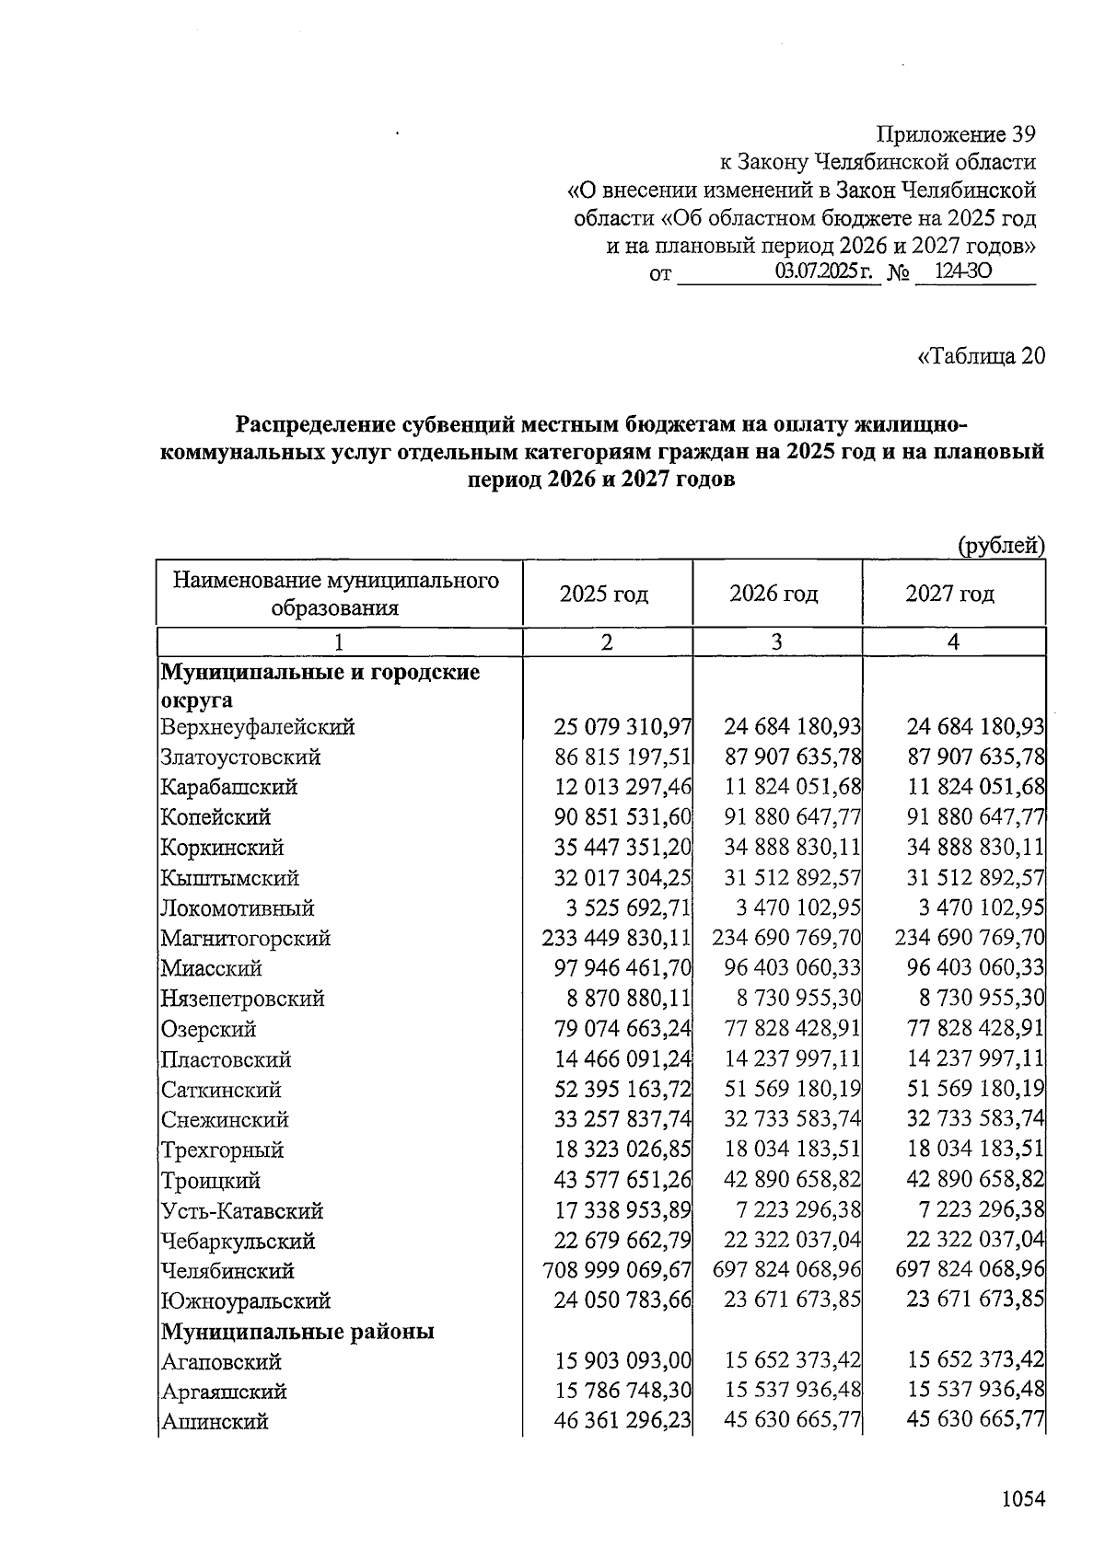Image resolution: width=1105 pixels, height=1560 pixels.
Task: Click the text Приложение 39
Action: [955, 134]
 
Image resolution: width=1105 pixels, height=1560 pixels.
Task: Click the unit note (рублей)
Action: [1001, 546]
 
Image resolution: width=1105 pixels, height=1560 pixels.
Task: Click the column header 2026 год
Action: [774, 594]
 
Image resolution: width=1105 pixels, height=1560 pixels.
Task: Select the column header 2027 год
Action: [950, 594]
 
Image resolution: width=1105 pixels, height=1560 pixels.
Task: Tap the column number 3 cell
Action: [776, 642]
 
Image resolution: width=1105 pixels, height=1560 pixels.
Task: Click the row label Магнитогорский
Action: [245, 939]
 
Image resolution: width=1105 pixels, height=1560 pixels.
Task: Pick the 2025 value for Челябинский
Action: [617, 1271]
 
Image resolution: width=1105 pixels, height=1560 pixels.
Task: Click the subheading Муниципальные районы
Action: [298, 1332]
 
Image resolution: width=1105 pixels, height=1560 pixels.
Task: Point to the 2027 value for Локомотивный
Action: [981, 908]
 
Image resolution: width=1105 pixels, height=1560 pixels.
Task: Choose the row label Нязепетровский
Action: [242, 999]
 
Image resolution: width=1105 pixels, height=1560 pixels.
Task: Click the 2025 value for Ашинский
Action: [622, 1422]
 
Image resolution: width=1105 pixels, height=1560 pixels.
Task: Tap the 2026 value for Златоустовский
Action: [792, 757]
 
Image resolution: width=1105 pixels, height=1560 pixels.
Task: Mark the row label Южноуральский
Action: [245, 1301]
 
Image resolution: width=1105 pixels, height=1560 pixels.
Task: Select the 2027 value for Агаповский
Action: [975, 1361]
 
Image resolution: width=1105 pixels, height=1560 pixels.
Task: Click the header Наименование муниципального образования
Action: [336, 594]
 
